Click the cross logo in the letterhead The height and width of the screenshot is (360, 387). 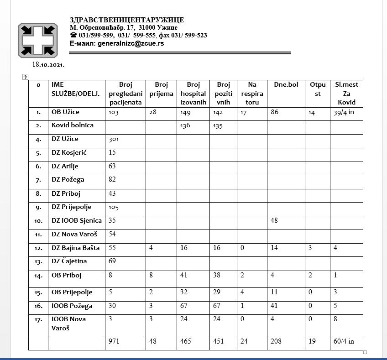click(38, 40)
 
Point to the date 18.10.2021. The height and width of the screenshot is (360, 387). click(48, 64)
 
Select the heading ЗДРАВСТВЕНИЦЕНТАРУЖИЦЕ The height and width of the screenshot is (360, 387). click(127, 20)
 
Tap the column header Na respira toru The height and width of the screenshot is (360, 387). click(252, 93)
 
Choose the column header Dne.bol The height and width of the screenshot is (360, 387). click(286, 84)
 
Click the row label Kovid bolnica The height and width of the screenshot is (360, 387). click(73, 125)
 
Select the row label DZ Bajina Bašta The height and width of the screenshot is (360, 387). click(76, 248)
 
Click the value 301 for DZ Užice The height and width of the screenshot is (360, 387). click(114, 139)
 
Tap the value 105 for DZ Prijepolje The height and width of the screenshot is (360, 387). click(114, 208)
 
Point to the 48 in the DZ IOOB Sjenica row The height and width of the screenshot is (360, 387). click(274, 221)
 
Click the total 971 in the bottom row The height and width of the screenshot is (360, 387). click(114, 341)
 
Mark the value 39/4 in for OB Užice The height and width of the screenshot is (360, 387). click(344, 112)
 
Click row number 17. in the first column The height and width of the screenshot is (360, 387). click(38, 319)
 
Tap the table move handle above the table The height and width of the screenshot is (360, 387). click(26, 77)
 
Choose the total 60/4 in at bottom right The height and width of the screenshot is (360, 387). click(344, 341)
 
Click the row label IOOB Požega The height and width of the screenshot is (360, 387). click(72, 305)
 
